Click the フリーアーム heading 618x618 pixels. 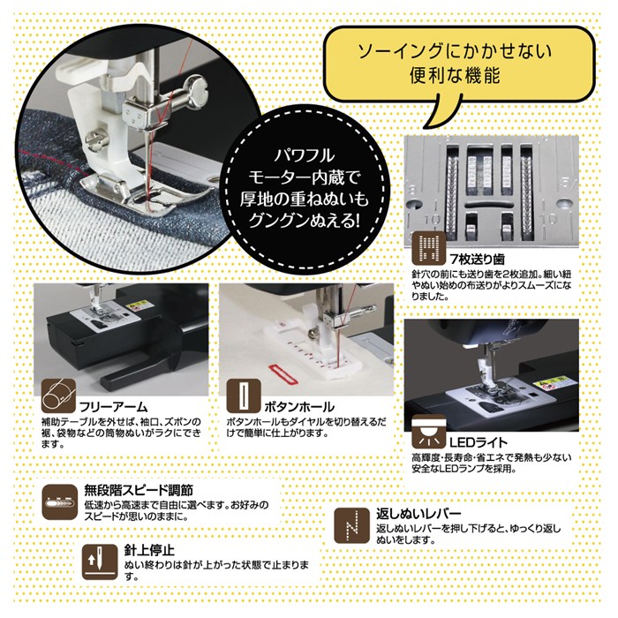point(114,406)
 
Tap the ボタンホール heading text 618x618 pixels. point(299,406)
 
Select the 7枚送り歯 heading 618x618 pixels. point(477,259)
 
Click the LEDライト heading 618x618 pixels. point(479,442)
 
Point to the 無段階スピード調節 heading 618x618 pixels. point(139,490)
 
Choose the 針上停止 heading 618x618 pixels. point(149,550)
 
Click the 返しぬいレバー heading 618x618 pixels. point(418,514)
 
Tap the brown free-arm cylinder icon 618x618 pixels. point(58,396)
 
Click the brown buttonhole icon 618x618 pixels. point(244,396)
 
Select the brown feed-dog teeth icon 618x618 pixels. point(429,248)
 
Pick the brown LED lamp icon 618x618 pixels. point(429,432)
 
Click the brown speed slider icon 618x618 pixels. point(59,501)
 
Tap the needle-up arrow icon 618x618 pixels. point(100,562)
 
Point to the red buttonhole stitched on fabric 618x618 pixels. point(283,374)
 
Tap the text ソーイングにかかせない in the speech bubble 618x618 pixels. point(455,51)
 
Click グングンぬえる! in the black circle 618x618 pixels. point(305,221)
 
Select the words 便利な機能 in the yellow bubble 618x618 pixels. point(455,75)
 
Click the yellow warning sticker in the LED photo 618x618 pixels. point(551,381)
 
